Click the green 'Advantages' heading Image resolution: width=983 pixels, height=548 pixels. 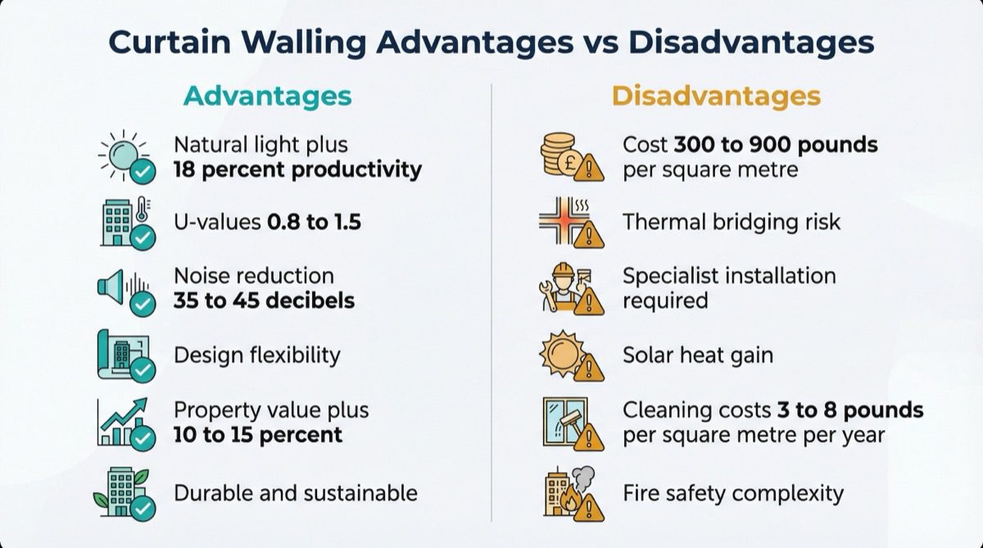pos(267,96)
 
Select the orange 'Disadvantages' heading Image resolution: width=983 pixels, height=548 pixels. pos(715,96)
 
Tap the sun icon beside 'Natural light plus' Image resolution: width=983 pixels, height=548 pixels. pos(123,155)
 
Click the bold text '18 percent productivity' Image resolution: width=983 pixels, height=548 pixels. pos(297,170)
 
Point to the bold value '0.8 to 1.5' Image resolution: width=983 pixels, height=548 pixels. pos(314,222)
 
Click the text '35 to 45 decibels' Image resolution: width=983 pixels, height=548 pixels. pos(264,300)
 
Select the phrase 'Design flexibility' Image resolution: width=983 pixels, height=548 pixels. pos(256,355)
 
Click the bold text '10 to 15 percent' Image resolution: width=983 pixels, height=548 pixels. pos(257,434)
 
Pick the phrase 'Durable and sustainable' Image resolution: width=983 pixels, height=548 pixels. pos(295,493)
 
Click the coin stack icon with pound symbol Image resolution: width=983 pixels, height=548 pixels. pos(564,156)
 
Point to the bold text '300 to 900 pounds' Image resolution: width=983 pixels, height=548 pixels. pos(776,145)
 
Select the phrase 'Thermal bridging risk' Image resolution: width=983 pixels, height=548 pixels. pos(731,222)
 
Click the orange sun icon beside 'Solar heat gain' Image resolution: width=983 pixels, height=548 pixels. pos(563,354)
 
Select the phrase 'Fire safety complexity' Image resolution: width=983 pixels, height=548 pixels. pos(732,493)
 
